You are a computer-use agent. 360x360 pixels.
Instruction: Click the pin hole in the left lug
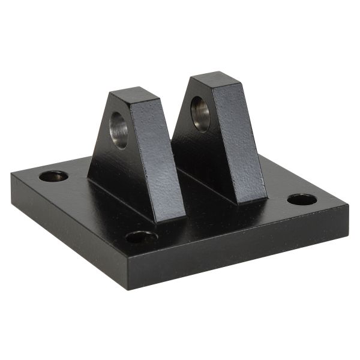[x=119, y=130]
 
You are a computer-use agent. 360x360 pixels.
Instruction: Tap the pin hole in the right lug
[x=200, y=113]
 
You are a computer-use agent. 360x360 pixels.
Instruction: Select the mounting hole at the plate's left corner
[x=53, y=176]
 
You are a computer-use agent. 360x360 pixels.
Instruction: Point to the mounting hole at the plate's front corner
[x=142, y=237]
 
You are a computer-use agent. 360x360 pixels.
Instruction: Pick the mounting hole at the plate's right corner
[x=302, y=199]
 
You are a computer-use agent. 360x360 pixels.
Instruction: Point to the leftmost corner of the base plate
[x=11, y=174]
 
